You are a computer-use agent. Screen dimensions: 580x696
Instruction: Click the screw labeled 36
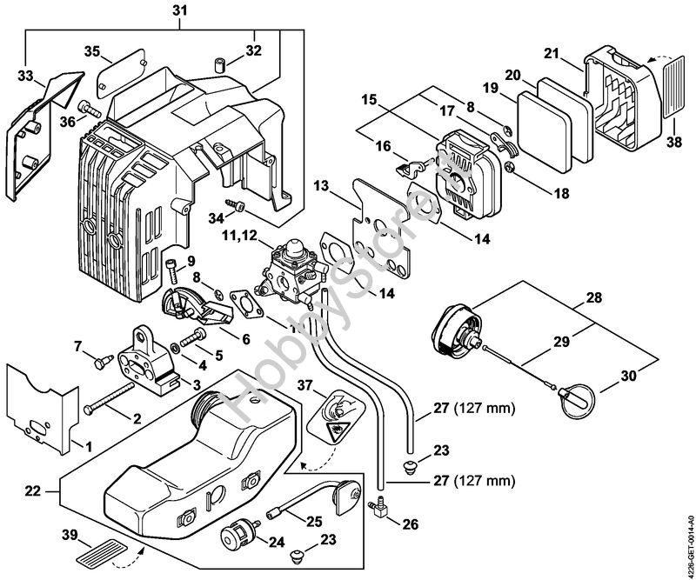(x=90, y=109)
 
